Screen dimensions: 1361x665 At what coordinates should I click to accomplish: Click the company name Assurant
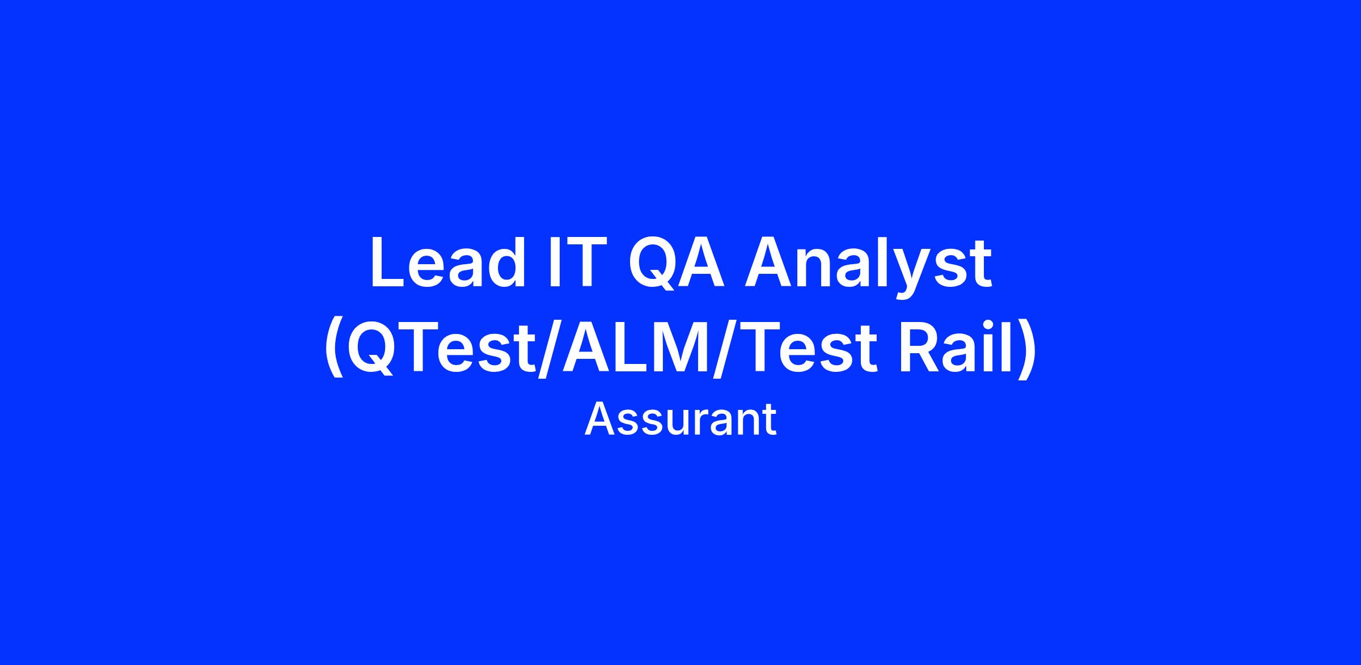click(681, 420)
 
